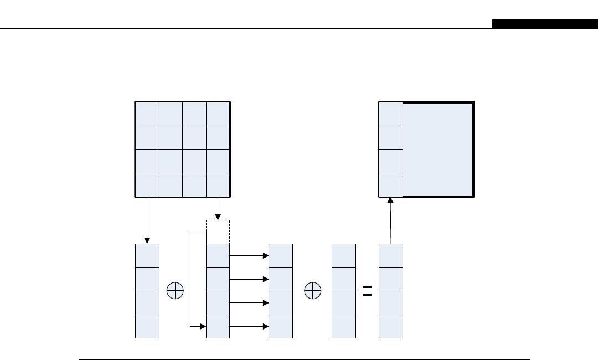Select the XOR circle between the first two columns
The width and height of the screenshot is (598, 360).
pos(175,291)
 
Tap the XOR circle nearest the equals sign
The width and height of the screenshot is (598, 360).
pos(313,291)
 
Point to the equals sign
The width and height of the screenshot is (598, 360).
pos(367,291)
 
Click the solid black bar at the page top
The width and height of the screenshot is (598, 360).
pos(544,24)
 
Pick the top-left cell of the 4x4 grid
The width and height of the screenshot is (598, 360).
pos(147,114)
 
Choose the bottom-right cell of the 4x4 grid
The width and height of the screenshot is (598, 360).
pos(218,185)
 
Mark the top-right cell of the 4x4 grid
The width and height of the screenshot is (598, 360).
pos(218,114)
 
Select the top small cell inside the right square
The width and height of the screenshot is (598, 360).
pos(391,114)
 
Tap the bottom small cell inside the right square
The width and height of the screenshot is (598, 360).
pos(391,185)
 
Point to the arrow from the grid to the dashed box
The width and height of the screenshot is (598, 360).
pos(218,209)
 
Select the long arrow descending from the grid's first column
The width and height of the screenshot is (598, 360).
pos(147,220)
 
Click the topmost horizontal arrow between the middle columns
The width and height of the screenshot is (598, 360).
pos(249,256)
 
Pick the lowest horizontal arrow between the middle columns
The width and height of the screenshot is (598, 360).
pos(249,327)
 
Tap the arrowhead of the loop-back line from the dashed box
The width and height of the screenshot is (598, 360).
pos(202,327)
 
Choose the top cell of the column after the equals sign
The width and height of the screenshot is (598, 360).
pos(391,255)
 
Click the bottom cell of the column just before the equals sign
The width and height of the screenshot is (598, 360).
pos(344,326)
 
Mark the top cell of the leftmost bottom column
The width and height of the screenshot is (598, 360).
pos(147,255)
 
